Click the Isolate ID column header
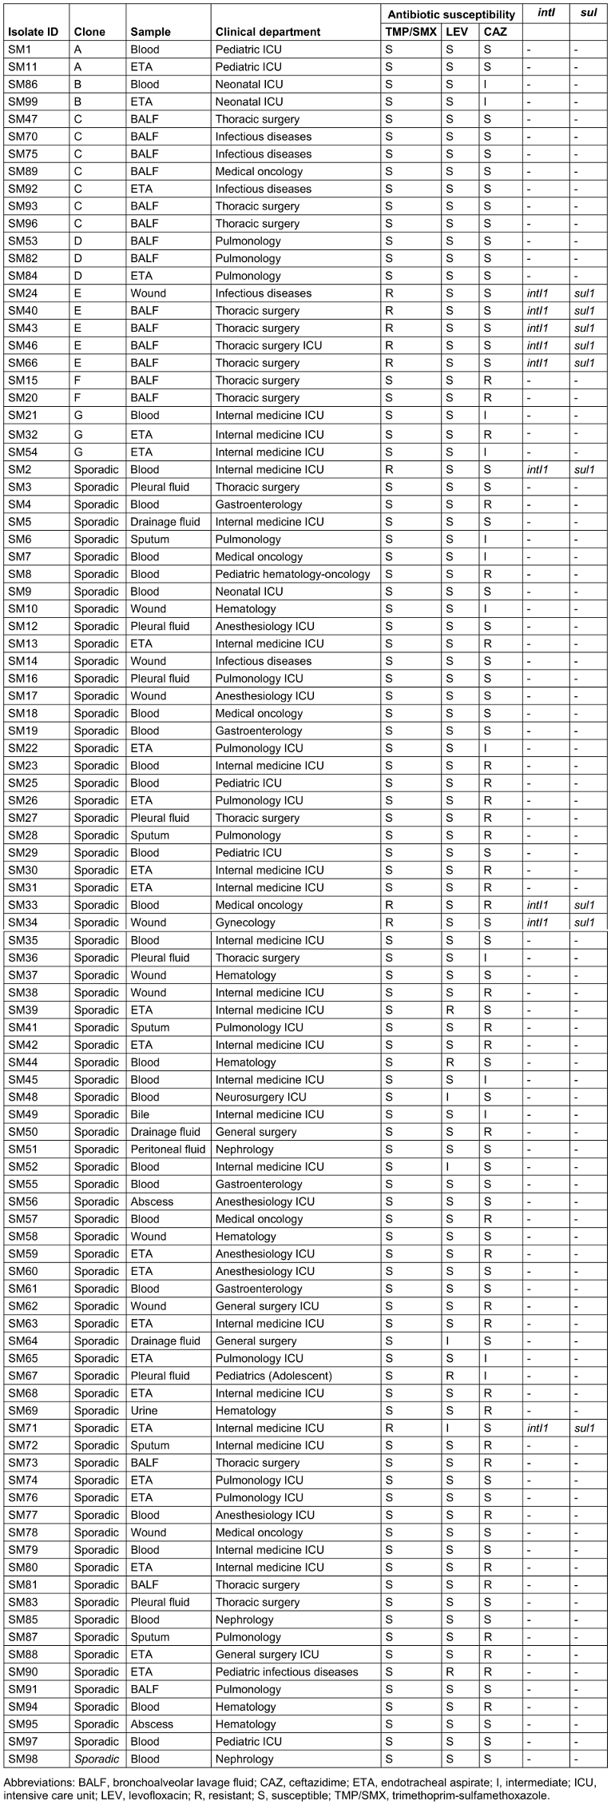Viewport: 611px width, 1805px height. [34, 32]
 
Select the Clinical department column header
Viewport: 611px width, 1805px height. [268, 32]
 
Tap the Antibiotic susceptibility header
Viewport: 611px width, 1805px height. [451, 14]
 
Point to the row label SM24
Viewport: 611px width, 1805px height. [23, 293]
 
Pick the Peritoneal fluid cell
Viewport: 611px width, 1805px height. [168, 1150]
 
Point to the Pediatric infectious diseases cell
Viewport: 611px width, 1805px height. [287, 1672]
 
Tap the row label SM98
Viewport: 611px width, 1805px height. [23, 1759]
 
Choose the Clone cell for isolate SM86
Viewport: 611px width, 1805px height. [78, 84]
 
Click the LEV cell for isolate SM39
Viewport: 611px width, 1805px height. [450, 1010]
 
